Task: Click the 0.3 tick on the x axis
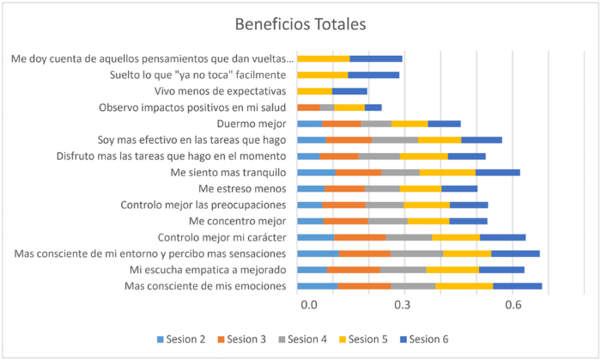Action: click(x=404, y=304)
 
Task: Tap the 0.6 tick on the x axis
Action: click(x=513, y=304)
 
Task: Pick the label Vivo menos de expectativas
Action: click(x=219, y=91)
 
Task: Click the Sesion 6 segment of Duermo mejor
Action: click(x=444, y=124)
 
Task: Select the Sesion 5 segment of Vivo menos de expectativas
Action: click(x=314, y=91)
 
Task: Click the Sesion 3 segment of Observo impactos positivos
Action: click(x=308, y=107)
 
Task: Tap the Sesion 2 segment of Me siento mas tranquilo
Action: click(x=316, y=172)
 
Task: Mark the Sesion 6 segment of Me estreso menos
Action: click(x=458, y=188)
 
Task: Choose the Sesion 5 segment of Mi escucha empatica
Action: click(x=452, y=270)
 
